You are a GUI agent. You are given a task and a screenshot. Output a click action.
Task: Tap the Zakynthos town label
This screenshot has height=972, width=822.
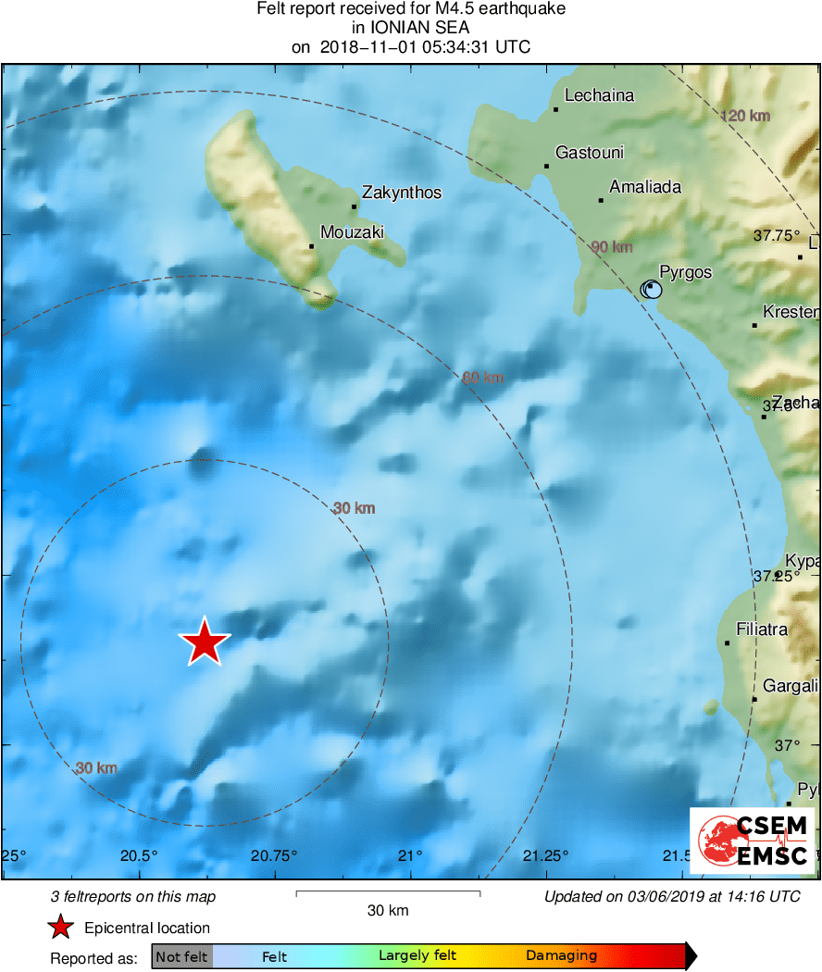click(402, 193)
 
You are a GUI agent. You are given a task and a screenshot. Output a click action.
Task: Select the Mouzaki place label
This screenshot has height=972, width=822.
click(351, 232)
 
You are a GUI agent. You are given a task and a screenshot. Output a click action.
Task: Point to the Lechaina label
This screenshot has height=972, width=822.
click(599, 95)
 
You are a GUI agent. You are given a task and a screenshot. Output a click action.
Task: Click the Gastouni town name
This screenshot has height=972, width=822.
click(590, 153)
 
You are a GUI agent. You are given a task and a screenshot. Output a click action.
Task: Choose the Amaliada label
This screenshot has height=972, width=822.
click(645, 187)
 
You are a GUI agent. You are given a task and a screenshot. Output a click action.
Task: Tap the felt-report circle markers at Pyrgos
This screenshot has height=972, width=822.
click(652, 290)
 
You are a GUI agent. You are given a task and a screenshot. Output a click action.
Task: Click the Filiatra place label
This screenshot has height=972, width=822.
click(762, 629)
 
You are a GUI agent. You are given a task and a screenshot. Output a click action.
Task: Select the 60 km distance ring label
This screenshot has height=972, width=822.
click(482, 377)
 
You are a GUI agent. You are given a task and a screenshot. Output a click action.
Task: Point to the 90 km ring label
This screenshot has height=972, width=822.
click(612, 247)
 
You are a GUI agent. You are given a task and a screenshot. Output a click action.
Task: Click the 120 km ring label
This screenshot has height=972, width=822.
click(745, 116)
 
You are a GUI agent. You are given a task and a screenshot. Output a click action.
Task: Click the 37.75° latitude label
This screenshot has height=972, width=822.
click(776, 235)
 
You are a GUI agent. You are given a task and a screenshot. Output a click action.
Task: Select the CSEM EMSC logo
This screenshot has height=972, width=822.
click(752, 841)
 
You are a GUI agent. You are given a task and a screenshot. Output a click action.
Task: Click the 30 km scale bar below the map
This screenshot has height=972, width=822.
click(388, 893)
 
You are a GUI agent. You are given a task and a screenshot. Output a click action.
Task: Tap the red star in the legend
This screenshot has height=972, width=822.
click(60, 928)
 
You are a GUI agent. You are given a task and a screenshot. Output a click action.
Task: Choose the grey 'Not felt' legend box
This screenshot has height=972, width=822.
click(181, 956)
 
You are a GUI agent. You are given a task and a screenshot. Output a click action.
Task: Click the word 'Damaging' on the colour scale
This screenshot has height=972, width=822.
click(561, 956)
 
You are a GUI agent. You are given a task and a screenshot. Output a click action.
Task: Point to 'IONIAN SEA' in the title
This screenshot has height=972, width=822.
click(411, 28)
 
